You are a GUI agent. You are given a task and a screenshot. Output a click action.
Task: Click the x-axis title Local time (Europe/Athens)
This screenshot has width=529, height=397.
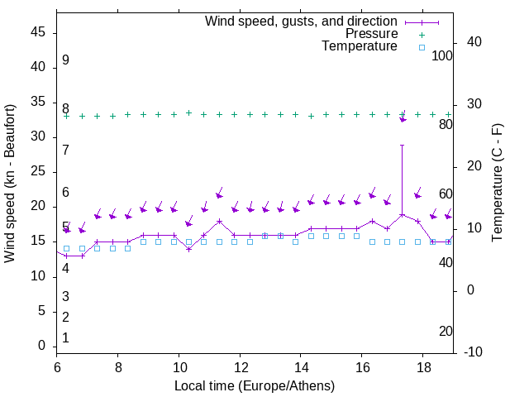click(x=255, y=385)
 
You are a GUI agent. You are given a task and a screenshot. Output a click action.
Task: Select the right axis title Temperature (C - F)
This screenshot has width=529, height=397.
click(x=497, y=184)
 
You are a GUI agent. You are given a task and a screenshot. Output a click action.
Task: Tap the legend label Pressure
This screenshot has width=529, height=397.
click(x=371, y=34)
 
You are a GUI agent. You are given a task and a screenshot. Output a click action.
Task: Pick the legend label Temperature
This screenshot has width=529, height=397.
click(x=360, y=47)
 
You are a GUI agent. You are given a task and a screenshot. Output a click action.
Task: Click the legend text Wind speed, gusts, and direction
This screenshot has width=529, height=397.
click(x=301, y=21)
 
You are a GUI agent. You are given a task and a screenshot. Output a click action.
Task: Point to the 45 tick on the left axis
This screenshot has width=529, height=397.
click(x=37, y=32)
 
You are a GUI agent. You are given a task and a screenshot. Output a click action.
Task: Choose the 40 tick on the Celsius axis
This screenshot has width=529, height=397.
click(x=474, y=42)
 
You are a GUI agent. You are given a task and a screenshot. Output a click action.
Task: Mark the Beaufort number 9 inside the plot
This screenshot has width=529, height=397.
click(x=65, y=60)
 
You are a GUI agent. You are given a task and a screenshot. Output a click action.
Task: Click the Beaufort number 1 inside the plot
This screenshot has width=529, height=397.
click(x=65, y=338)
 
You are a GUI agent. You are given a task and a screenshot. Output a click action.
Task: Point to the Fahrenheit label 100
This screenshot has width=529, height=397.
click(x=442, y=55)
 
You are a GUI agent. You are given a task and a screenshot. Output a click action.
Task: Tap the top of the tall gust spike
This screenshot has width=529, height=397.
click(x=403, y=145)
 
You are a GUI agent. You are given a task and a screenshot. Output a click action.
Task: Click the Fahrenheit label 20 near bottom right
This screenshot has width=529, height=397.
click(x=446, y=332)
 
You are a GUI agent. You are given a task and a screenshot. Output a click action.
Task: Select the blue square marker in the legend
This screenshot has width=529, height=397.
click(x=421, y=47)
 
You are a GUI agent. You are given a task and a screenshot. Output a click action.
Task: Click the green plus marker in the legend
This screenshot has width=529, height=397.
click(x=421, y=34)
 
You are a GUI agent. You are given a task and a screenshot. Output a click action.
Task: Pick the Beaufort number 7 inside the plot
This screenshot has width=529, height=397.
click(x=65, y=150)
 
